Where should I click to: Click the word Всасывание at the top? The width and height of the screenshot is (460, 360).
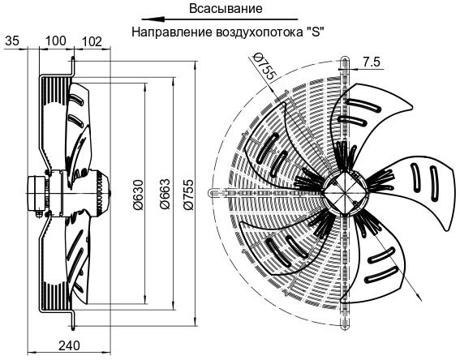point(226,8)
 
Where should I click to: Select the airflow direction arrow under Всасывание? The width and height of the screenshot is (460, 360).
point(219,19)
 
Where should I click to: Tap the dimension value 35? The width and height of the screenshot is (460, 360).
point(12,41)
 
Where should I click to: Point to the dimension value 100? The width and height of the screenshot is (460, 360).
point(55,41)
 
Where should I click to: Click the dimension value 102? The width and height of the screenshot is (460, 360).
point(91,41)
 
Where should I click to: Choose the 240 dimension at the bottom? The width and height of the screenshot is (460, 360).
point(69,346)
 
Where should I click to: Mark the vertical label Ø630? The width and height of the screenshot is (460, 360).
point(138,195)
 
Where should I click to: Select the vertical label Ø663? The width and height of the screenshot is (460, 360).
point(164,194)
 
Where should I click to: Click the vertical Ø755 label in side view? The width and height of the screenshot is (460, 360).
point(189,195)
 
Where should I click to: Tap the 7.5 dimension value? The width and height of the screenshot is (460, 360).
point(372,62)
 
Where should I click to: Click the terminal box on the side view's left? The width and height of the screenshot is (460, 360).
point(36,193)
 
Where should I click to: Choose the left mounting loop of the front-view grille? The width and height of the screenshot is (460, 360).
point(213,193)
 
